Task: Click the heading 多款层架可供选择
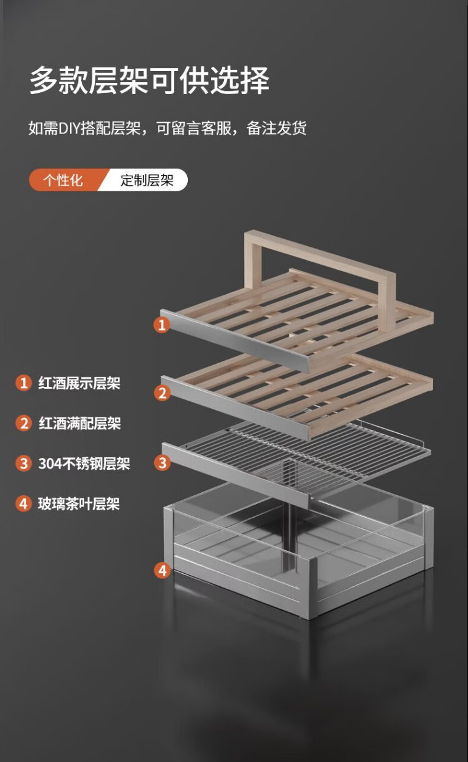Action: [149, 80]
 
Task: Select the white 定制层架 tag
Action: [147, 179]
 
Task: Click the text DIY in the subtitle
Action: [69, 128]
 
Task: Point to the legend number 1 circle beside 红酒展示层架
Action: [24, 383]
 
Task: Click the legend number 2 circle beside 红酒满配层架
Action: [24, 423]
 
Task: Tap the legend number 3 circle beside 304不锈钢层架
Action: [24, 464]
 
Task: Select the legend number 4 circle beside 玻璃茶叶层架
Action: [24, 503]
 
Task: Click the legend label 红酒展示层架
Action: [79, 383]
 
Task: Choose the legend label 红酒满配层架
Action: [80, 423]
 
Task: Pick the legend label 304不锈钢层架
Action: [84, 464]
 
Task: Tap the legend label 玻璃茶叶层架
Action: [79, 503]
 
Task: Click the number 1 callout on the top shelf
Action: [162, 325]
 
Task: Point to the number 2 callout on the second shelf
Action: [162, 393]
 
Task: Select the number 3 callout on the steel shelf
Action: [162, 463]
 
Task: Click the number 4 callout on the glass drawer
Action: [162, 570]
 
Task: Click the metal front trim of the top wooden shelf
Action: [235, 340]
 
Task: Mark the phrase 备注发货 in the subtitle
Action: [276, 128]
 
